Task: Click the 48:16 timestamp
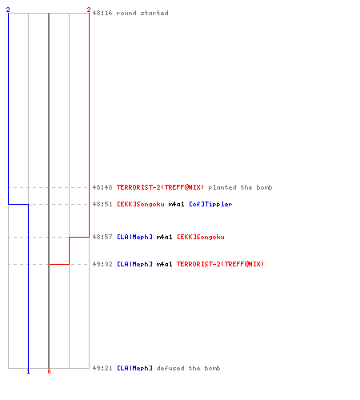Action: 102,13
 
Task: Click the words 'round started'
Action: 142,13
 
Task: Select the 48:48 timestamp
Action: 102,187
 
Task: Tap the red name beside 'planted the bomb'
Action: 160,187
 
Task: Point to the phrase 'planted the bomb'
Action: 240,187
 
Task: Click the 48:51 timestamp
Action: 102,204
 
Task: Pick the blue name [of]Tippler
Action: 210,204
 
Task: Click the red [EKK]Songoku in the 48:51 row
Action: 141,204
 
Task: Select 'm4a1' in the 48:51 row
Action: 176,204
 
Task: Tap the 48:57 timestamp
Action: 102,237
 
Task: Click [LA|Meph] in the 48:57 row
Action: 135,237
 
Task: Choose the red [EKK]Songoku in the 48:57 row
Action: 201,237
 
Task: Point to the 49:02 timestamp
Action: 102,264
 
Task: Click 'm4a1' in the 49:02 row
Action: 164,264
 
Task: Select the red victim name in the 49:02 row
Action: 220,264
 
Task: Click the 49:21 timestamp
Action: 102,368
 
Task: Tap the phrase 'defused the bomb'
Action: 188,368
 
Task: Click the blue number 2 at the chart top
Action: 8,10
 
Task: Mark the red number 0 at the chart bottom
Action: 49,371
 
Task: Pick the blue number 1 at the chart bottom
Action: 29,371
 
